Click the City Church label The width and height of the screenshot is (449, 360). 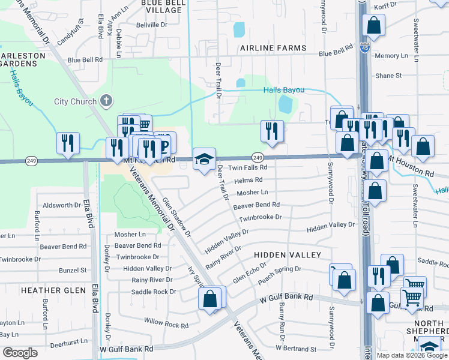tap(75, 101)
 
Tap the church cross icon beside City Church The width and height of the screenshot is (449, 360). tap(106, 100)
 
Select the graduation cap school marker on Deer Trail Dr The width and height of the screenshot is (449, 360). tap(203, 160)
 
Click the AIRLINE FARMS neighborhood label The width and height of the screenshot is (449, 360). tap(273, 48)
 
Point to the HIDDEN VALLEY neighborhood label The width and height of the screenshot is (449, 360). tap(280, 255)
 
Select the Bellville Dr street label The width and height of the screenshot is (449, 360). tap(152, 25)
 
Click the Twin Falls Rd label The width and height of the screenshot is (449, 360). tap(247, 168)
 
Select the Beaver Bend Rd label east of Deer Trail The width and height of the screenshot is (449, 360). tap(256, 205)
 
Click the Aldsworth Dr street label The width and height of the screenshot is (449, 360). tap(58, 205)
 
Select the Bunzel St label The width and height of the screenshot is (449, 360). tap(73, 271)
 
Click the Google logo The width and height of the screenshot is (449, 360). tap(20, 353)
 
